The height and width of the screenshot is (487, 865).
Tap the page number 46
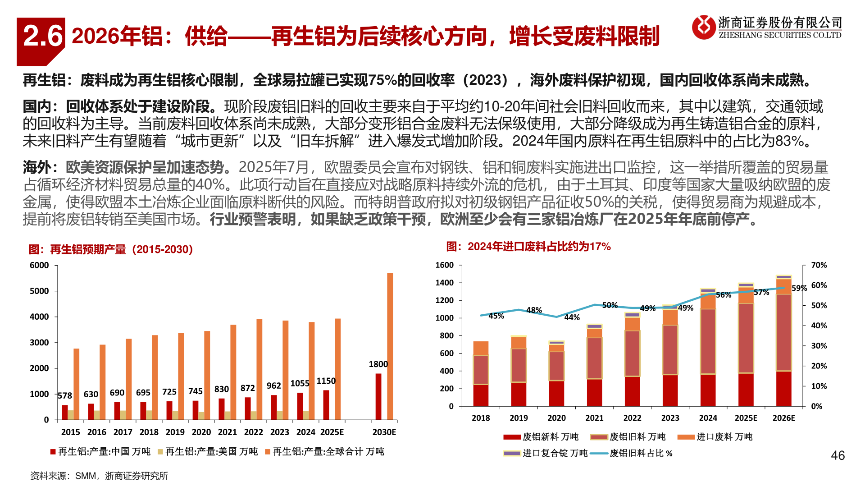click(838, 455)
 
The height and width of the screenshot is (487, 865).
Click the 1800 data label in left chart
click(378, 364)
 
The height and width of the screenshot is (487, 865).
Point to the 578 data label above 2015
click(65, 396)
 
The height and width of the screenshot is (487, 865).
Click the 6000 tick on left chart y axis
click(39, 266)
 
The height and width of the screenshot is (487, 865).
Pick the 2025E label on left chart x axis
click(332, 432)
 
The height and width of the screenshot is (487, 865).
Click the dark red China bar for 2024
click(300, 406)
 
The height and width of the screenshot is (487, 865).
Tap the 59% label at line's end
click(799, 288)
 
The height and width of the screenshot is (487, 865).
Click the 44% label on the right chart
click(572, 317)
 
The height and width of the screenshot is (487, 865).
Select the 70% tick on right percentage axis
click(819, 265)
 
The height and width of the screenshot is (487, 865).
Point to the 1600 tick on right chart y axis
click(444, 265)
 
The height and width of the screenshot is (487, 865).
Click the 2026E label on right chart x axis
click(783, 418)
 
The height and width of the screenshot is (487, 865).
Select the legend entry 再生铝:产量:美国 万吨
click(211, 451)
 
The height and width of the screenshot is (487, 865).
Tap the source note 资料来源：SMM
click(99, 476)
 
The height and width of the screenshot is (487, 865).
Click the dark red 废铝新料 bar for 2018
click(481, 395)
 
